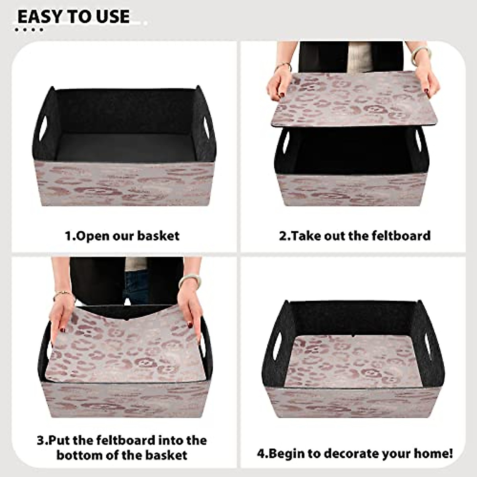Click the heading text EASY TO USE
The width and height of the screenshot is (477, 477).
point(74,17)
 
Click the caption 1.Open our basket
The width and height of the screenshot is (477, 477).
point(122,236)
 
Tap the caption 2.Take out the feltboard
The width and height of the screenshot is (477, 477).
point(355,235)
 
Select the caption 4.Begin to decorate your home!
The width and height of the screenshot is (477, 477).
point(355,453)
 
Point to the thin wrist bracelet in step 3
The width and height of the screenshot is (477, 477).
point(64,294)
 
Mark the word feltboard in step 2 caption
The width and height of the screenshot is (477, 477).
point(401,235)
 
